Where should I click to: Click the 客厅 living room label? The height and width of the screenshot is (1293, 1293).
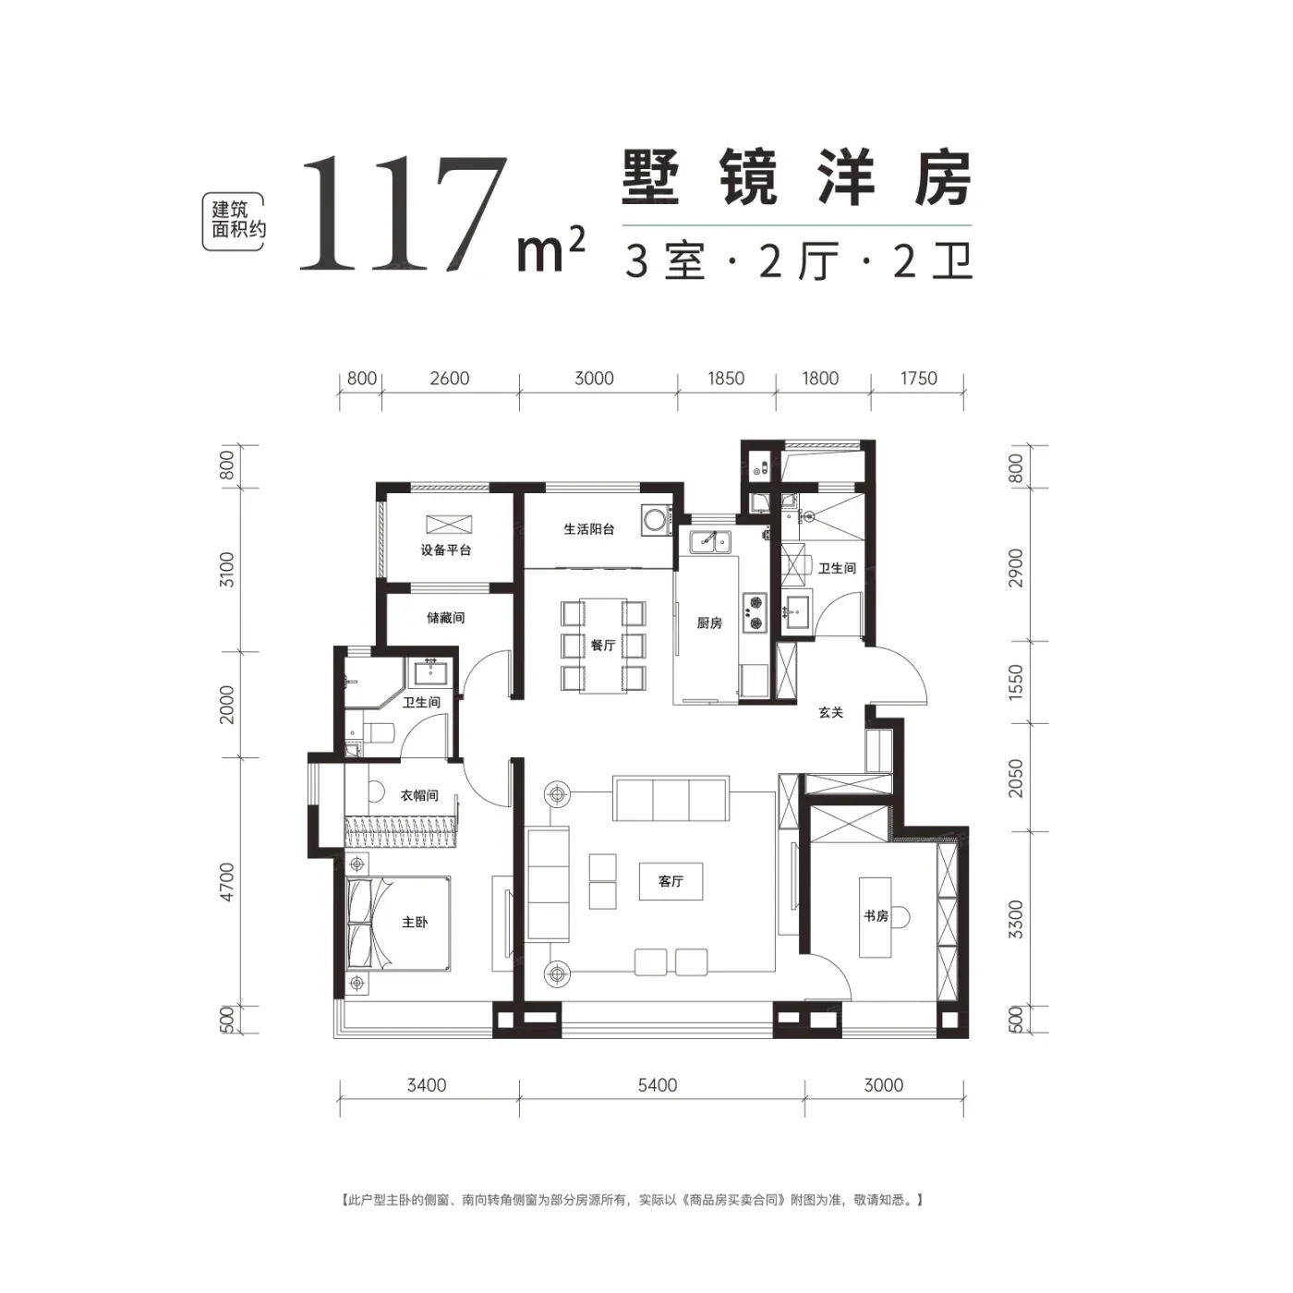pyautogui.click(x=671, y=881)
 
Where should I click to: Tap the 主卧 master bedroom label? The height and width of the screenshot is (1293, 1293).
pyautogui.click(x=415, y=922)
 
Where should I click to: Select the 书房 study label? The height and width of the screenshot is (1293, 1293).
pyautogui.click(x=876, y=916)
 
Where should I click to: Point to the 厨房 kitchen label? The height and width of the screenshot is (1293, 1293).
pyautogui.click(x=709, y=623)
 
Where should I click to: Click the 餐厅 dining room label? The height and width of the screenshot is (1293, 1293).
pyautogui.click(x=602, y=645)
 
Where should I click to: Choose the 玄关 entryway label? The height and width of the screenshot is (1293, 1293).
pyautogui.click(x=830, y=713)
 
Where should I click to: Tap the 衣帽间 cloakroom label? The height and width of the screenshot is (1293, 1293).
pyautogui.click(x=419, y=795)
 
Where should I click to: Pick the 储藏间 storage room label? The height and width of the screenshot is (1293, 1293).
pyautogui.click(x=445, y=617)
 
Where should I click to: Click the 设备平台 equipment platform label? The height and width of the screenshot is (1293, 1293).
pyautogui.click(x=445, y=550)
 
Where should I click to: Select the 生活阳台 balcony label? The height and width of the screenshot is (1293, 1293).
pyautogui.click(x=588, y=528)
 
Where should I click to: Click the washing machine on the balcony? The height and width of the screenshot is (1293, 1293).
pyautogui.click(x=656, y=519)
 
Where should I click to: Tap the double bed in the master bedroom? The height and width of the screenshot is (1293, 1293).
pyautogui.click(x=398, y=924)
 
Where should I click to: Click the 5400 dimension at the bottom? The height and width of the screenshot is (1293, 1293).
pyautogui.click(x=658, y=1085)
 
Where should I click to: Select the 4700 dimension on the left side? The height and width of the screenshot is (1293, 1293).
pyautogui.click(x=227, y=882)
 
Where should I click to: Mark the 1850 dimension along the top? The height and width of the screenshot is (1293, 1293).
pyautogui.click(x=726, y=379)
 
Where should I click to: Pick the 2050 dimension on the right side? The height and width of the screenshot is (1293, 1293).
pyautogui.click(x=1016, y=779)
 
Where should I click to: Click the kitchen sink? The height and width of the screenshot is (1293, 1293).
pyautogui.click(x=710, y=541)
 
